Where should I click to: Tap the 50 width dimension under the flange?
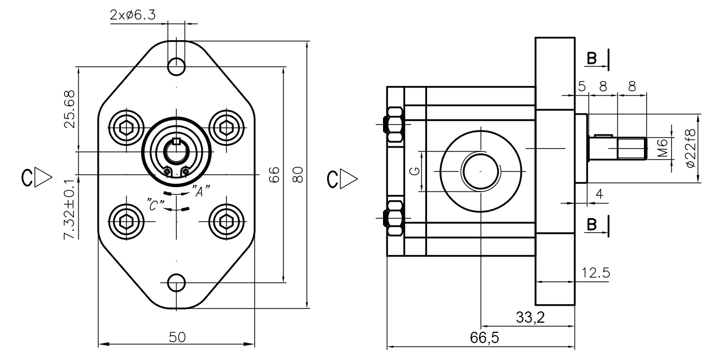(x=177, y=337)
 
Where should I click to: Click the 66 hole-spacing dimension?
(x=273, y=174)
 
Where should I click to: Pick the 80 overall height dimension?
(x=299, y=174)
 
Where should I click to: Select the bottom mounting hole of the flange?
(x=177, y=281)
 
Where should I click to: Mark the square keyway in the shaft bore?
(x=177, y=141)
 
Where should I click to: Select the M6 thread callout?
(x=663, y=148)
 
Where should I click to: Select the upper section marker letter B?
(x=591, y=58)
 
